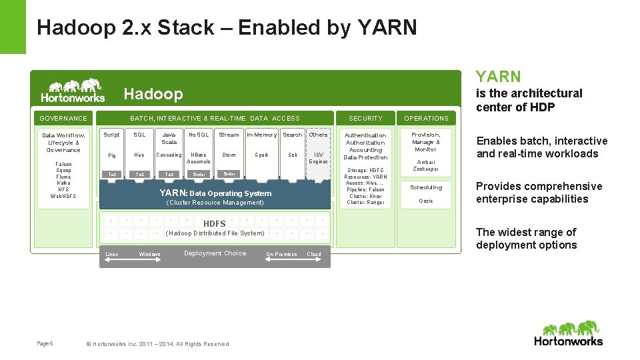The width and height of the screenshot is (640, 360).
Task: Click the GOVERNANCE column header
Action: click(x=63, y=119)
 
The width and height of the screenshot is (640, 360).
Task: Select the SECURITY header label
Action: click(x=366, y=119)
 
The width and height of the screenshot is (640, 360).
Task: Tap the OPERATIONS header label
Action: click(x=426, y=119)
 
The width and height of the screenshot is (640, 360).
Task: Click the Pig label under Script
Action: click(x=112, y=155)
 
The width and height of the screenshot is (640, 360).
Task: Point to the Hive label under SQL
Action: click(x=139, y=155)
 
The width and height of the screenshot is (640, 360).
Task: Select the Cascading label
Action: click(x=169, y=155)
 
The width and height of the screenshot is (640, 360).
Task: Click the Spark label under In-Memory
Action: click(x=262, y=155)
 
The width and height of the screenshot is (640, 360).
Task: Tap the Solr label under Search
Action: click(x=293, y=155)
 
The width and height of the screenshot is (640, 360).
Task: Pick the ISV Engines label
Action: click(x=319, y=158)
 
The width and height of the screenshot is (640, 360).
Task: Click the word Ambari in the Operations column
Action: click(x=426, y=162)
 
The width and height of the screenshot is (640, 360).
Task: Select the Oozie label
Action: click(x=426, y=201)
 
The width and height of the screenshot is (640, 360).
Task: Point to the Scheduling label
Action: click(x=426, y=187)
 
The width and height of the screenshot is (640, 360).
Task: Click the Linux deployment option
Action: click(x=112, y=254)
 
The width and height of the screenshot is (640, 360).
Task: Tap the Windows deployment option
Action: click(x=149, y=254)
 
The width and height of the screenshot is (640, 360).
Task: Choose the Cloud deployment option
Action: click(x=314, y=254)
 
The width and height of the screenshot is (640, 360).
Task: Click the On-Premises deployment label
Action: click(x=281, y=254)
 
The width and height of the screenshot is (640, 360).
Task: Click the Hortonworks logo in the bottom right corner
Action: click(x=568, y=333)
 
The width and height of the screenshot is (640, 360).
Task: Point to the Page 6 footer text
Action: click(x=45, y=343)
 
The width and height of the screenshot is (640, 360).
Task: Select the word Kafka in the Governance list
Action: click(x=63, y=183)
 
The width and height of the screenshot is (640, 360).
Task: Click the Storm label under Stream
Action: click(x=229, y=155)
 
